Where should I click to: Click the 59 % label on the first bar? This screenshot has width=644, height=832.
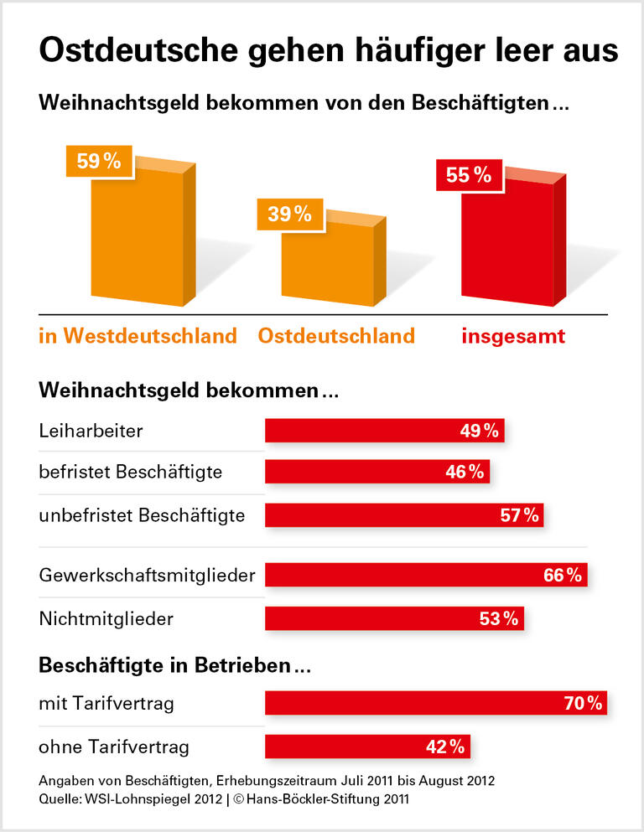click(99, 162)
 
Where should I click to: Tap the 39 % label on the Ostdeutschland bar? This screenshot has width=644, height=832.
click(289, 214)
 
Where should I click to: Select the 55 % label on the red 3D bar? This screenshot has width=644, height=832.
click(468, 175)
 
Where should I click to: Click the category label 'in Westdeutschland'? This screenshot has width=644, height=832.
click(138, 336)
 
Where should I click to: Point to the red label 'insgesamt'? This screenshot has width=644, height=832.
click(513, 336)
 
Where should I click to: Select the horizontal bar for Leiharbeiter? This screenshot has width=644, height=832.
click(384, 431)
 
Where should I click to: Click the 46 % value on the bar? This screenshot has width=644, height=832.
click(465, 472)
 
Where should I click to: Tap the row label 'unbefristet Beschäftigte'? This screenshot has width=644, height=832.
click(142, 515)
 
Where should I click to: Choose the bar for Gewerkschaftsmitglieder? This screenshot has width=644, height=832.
click(426, 576)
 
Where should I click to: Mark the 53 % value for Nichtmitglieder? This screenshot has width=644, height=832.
click(500, 619)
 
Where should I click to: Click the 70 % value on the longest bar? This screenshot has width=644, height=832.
click(583, 704)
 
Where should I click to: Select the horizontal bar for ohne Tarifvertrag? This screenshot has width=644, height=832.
click(367, 747)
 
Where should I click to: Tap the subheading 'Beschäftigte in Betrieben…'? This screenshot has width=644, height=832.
click(175, 666)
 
